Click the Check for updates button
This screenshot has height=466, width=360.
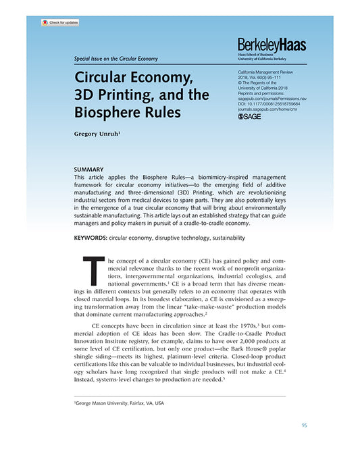[60, 22]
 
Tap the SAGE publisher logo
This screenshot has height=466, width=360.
[251, 116]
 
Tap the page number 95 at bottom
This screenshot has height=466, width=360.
[305, 425]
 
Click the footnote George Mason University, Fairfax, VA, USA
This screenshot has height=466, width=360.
[120, 403]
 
